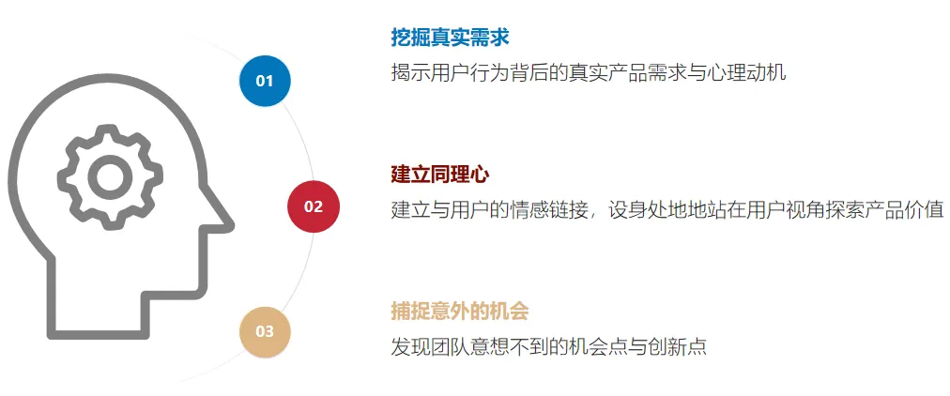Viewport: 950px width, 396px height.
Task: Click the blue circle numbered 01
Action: click(x=265, y=81)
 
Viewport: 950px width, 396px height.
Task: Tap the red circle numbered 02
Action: click(x=314, y=206)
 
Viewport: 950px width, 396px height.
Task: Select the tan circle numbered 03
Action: click(x=265, y=332)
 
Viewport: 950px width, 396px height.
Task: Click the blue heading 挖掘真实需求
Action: click(x=451, y=38)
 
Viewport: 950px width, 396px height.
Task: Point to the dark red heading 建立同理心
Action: click(x=440, y=175)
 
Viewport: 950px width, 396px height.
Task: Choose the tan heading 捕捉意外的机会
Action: click(x=460, y=312)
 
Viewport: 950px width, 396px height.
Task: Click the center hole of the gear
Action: click(x=110, y=176)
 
